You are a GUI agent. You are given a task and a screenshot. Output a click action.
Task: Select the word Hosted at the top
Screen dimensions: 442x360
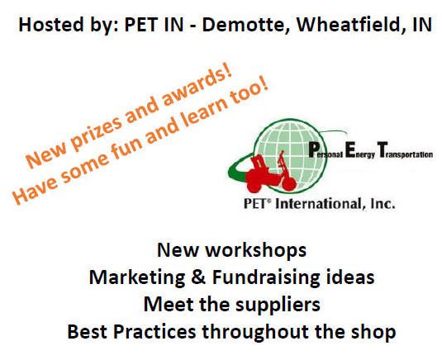(51, 24)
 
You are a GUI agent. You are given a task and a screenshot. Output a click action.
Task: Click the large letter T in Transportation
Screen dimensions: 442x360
(382, 149)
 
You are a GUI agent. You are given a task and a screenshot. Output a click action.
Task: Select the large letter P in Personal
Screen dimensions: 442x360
(314, 149)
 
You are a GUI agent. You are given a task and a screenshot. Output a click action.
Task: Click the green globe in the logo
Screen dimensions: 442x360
(290, 155)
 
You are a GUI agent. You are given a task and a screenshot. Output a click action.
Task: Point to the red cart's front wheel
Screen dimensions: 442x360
(289, 184)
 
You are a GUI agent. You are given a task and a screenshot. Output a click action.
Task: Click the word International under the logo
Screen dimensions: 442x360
(318, 204)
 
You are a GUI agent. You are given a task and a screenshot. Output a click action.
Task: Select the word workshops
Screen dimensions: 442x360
(255, 250)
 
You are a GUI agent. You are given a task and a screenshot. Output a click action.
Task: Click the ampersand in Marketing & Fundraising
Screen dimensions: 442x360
(198, 277)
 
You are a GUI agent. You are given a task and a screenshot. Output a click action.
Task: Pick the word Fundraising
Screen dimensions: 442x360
(266, 278)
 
